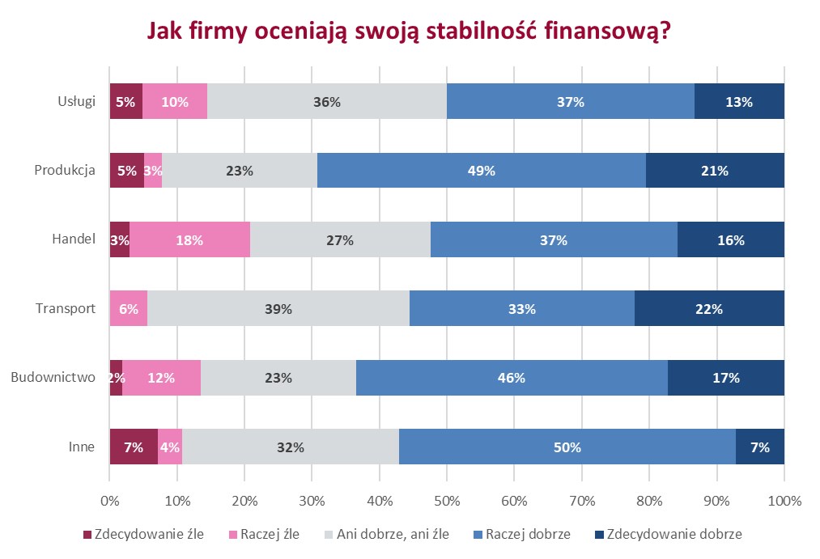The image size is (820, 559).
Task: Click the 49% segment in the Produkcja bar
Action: click(x=482, y=171)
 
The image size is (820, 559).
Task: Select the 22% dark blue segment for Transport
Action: click(x=709, y=309)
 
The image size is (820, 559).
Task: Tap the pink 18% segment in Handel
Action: click(x=189, y=240)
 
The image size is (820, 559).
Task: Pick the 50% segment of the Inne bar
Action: click(x=567, y=447)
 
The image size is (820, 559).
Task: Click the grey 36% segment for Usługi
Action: click(x=326, y=102)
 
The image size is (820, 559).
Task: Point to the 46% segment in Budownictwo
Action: click(x=512, y=378)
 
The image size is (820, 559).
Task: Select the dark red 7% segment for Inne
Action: click(x=134, y=447)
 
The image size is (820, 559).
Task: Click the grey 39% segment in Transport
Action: click(x=278, y=309)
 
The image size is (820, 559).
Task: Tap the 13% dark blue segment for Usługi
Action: click(x=739, y=102)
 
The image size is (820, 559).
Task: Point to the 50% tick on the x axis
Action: click(x=447, y=501)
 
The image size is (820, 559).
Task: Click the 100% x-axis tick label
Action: click(x=784, y=501)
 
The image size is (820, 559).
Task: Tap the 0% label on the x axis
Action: click(x=110, y=501)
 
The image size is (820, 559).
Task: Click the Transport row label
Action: click(x=66, y=309)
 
